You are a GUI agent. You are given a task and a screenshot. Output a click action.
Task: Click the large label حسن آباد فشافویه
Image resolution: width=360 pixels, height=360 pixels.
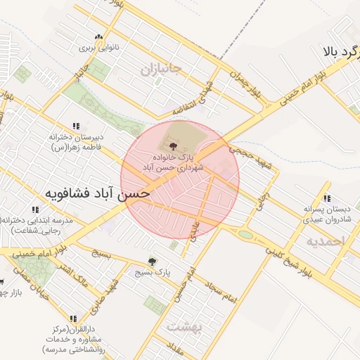[x=98, y=193]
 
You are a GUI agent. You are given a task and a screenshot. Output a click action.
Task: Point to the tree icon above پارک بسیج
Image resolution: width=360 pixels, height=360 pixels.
[x=152, y=261]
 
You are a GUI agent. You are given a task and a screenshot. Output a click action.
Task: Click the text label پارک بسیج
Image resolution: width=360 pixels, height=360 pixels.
[x=153, y=271]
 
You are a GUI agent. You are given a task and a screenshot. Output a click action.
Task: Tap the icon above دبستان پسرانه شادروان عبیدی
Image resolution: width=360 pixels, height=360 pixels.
[x=327, y=198]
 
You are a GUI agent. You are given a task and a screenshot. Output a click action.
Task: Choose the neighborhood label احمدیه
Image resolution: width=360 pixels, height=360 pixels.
[x=327, y=241]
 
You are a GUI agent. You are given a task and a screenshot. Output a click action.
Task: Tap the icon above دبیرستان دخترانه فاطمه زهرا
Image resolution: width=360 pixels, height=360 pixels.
[x=76, y=126]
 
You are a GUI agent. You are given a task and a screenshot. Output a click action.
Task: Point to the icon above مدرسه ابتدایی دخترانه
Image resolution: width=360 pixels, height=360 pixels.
[x=34, y=210]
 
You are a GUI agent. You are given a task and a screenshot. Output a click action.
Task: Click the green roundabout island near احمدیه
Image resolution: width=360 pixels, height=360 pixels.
[x=245, y=234]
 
